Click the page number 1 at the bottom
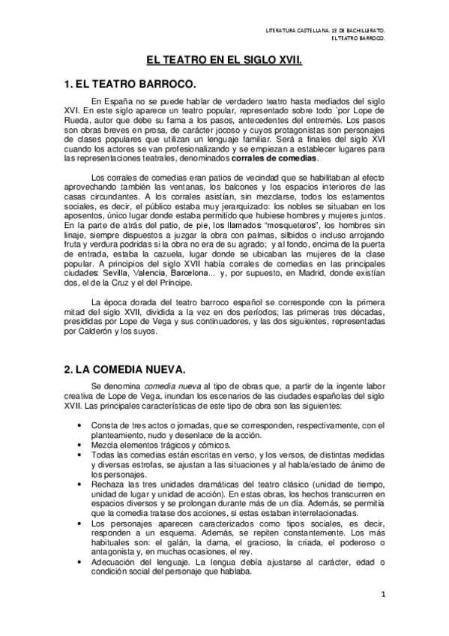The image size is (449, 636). pyautogui.click(x=382, y=595)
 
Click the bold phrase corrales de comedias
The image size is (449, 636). pyautogui.click(x=275, y=159)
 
